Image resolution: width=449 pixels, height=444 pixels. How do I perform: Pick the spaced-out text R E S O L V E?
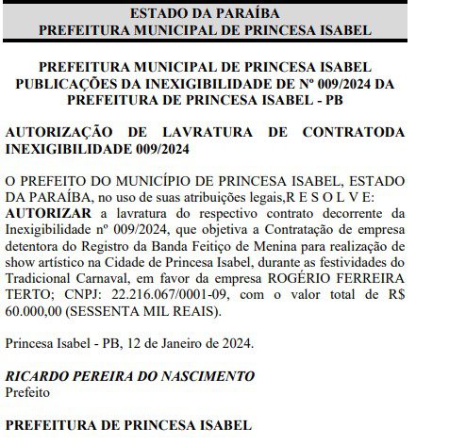[344, 196]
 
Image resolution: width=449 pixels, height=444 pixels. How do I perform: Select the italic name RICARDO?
[39, 376]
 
